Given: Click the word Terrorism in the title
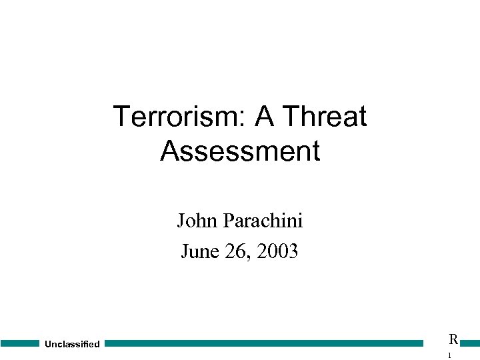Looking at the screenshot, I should (x=176, y=117).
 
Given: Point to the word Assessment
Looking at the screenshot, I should (x=240, y=151).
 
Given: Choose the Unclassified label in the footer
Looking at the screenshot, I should (x=72, y=344).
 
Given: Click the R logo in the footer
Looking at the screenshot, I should (x=453, y=339).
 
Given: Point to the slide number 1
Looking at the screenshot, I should (x=450, y=356).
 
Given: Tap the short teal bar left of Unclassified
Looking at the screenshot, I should (x=20, y=343).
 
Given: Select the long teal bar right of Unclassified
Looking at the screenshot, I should (x=264, y=343).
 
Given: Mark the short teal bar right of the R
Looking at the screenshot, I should (x=470, y=343).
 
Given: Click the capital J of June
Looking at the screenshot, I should (x=185, y=251).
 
